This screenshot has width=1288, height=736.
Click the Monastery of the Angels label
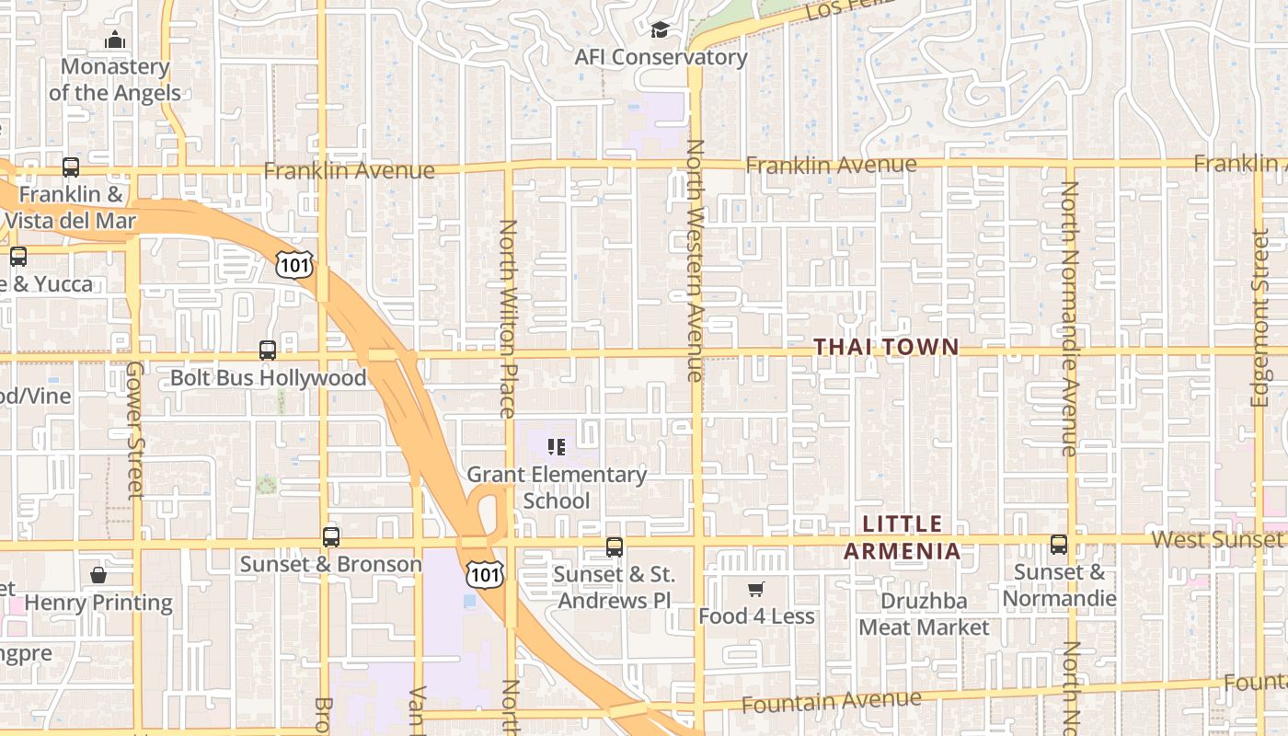pyautogui.click(x=115, y=80)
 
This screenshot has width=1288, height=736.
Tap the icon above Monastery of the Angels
pyautogui.click(x=115, y=40)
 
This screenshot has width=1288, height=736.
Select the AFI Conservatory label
pyautogui.click(x=661, y=57)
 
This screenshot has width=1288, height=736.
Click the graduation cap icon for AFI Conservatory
pyautogui.click(x=660, y=31)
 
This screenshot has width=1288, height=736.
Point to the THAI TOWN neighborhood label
pyautogui.click(x=886, y=347)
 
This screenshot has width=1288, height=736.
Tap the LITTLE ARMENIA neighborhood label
pyautogui.click(x=902, y=538)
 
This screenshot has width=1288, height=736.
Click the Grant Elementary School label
pyautogui.click(x=557, y=488)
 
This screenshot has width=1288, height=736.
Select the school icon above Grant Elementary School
pyautogui.click(x=556, y=447)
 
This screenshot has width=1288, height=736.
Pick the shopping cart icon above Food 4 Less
pyautogui.click(x=756, y=590)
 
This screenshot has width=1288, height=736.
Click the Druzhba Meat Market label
pyautogui.click(x=924, y=615)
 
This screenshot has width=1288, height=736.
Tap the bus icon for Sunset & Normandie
pyautogui.click(x=1059, y=545)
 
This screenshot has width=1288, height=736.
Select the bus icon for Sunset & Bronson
pyautogui.click(x=331, y=537)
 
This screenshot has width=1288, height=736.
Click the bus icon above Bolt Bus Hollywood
pyautogui.click(x=268, y=351)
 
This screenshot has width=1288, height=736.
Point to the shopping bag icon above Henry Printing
pyautogui.click(x=98, y=576)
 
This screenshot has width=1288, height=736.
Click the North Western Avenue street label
pyautogui.click(x=696, y=260)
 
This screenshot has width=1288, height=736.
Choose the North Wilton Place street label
pyautogui.click(x=508, y=318)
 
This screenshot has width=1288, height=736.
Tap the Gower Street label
pyautogui.click(x=135, y=430)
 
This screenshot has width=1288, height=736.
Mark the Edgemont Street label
pyautogui.click(x=1259, y=317)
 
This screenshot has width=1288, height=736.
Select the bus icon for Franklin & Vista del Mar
pyautogui.click(x=71, y=167)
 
